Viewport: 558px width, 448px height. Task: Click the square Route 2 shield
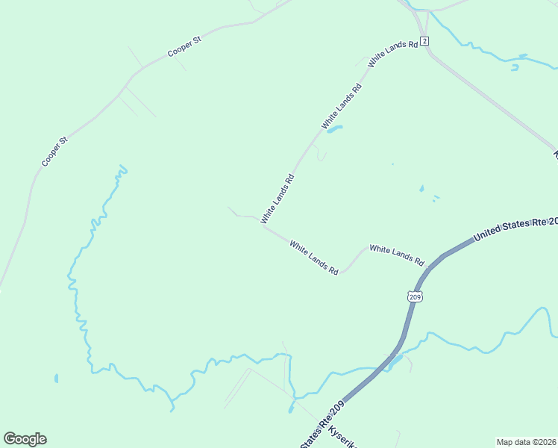(x=424, y=40)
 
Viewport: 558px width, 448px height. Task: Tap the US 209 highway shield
(x=415, y=296)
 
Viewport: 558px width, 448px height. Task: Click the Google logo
(x=25, y=439)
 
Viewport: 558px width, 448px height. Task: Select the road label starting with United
(x=515, y=228)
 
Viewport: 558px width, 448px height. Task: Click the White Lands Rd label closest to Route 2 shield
(x=393, y=51)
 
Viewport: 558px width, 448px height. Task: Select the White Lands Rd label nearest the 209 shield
(x=397, y=255)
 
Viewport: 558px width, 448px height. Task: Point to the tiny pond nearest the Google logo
(x=56, y=379)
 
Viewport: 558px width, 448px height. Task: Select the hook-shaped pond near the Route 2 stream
(x=515, y=66)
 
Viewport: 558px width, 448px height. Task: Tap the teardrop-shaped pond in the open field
(x=421, y=189)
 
